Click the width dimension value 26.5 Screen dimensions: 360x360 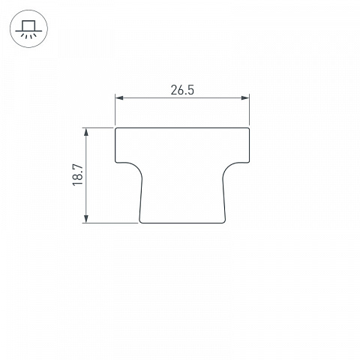tap(182, 90)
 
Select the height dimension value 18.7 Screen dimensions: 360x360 tap(78, 175)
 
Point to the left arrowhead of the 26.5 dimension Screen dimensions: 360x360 tap(119, 97)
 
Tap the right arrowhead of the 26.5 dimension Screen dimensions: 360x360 tap(245, 97)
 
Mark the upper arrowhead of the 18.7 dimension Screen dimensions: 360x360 tap(86, 132)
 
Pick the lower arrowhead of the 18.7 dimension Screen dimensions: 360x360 tap(86, 218)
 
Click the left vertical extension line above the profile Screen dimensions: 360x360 tap(115, 109)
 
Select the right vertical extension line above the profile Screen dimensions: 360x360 tap(249, 109)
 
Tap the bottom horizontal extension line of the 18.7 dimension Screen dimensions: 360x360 tap(110, 223)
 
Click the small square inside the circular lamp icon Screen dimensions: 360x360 tap(28, 26)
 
